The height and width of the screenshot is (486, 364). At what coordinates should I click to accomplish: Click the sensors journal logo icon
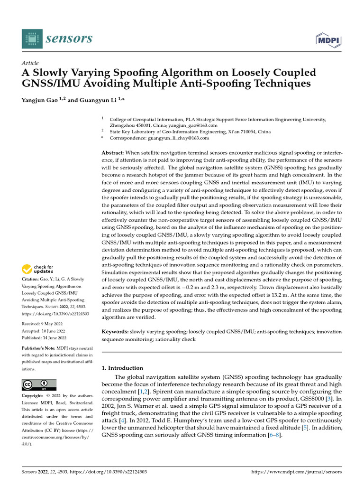point(31,38)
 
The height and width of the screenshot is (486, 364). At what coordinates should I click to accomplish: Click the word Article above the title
point(30,63)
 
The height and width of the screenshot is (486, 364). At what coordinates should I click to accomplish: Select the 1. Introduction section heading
point(123,368)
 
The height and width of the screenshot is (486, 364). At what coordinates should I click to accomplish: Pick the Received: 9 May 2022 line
point(43,324)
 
